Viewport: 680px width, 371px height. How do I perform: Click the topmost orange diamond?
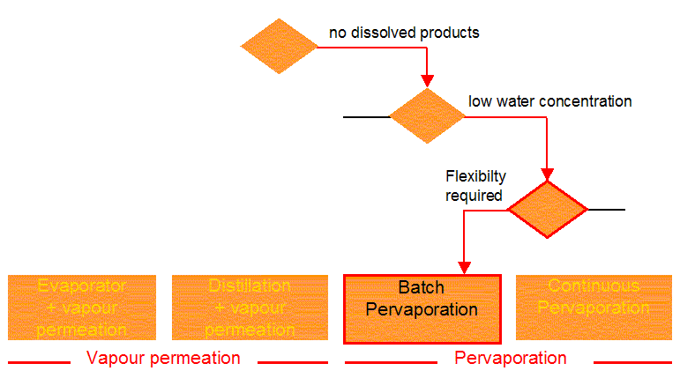280,46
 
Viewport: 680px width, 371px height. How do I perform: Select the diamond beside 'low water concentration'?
427,116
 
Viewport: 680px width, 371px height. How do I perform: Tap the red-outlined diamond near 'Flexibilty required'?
547,210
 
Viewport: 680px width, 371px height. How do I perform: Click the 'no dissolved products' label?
404,33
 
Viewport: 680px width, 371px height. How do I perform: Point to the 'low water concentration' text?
549,101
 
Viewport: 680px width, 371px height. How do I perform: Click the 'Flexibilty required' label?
475,185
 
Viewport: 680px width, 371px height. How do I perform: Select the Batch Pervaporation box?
422,308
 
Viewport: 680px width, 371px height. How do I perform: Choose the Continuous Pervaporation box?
593,308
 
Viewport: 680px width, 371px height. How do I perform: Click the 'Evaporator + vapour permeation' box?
82,308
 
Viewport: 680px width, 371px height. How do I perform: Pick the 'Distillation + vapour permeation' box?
250,308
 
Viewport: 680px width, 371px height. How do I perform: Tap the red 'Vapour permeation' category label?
163,358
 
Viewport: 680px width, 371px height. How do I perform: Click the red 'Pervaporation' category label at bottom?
510,358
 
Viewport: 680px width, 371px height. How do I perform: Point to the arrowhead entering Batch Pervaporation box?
464,267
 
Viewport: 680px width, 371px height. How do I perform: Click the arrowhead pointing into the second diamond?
427,81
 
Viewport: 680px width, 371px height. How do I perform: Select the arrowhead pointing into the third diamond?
548,174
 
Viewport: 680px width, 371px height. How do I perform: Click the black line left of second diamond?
366,116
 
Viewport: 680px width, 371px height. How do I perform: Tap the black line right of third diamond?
606,210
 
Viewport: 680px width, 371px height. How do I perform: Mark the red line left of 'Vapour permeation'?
39,361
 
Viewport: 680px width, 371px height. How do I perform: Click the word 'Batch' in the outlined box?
422,288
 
